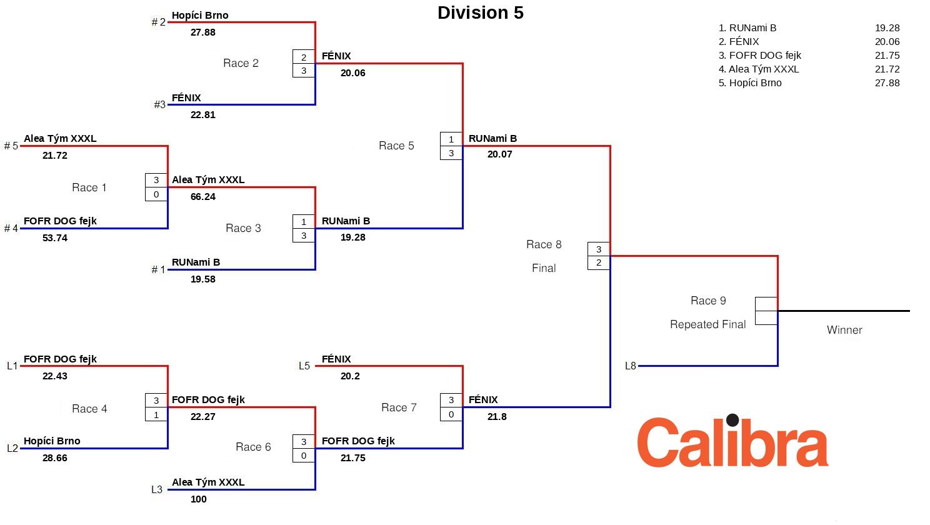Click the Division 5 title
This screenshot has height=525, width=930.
click(x=480, y=13)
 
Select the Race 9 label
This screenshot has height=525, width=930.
click(x=708, y=301)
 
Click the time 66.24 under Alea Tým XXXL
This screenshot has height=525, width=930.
click(x=202, y=197)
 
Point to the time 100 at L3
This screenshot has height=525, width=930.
click(x=198, y=499)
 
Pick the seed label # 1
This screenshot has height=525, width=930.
click(x=158, y=270)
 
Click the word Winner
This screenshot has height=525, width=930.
click(x=844, y=330)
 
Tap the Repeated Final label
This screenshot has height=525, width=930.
click(x=707, y=324)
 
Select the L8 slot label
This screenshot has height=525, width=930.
click(x=630, y=366)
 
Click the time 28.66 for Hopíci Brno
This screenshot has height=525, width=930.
click(x=54, y=458)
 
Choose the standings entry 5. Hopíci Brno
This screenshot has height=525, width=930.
click(x=750, y=83)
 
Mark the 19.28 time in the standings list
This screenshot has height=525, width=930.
click(x=887, y=28)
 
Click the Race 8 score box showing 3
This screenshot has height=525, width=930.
click(x=599, y=249)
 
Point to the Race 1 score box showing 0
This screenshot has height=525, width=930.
click(x=156, y=194)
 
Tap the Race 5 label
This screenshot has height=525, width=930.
click(x=396, y=146)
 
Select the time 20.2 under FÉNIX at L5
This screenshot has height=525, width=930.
click(x=350, y=376)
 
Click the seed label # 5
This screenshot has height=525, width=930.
click(x=11, y=146)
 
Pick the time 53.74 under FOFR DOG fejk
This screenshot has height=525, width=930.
click(x=54, y=238)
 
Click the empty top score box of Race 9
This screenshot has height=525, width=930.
click(x=766, y=304)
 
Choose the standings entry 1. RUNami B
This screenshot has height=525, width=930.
click(x=747, y=28)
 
